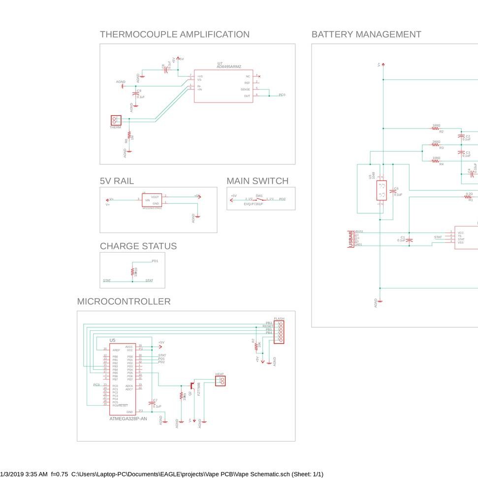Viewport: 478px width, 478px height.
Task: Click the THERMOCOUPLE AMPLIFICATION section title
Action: tap(174, 34)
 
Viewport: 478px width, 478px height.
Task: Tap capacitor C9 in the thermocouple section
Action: tap(136, 93)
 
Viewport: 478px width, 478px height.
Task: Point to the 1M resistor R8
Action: tap(129, 135)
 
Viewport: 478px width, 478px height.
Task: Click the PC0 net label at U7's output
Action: tap(282, 95)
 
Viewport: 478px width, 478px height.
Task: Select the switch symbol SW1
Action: tap(259, 199)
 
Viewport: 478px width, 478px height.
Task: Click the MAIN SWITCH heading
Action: tap(257, 181)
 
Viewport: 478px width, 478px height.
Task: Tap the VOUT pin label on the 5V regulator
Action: tap(156, 197)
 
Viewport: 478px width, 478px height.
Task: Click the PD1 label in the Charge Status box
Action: tap(155, 261)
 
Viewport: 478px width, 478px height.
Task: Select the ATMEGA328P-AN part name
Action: tap(128, 419)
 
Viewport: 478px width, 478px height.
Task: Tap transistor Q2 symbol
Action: tap(192, 384)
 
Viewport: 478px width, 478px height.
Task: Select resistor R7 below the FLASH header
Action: tap(255, 345)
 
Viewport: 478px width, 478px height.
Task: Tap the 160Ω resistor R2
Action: tap(436, 128)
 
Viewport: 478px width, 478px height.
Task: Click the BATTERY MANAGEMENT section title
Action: tap(366, 34)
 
